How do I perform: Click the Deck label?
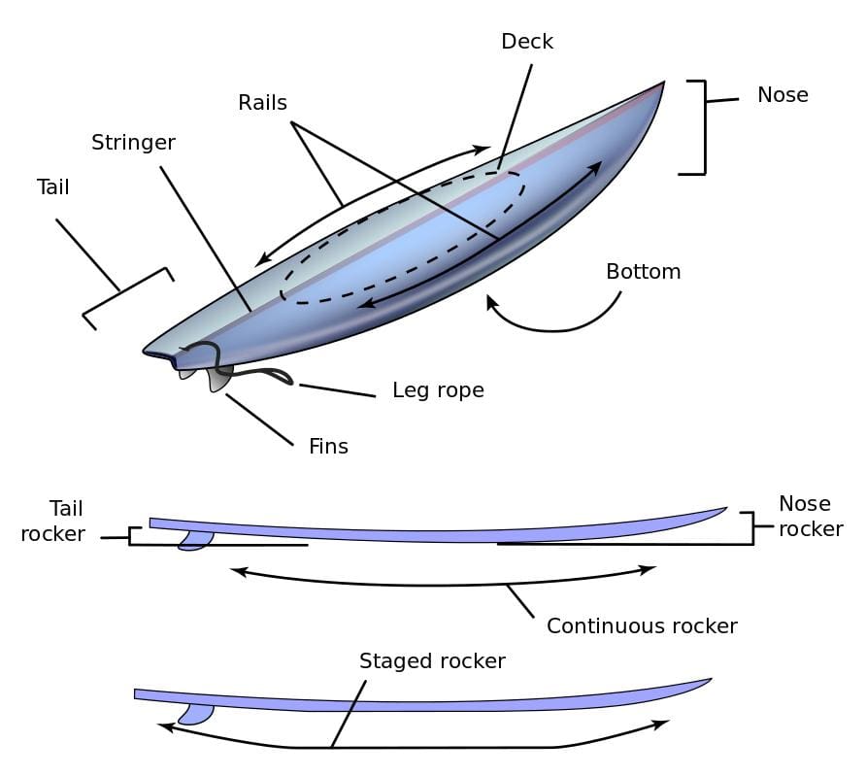[x=527, y=42]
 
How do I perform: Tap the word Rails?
[x=262, y=102]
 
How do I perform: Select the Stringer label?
[x=133, y=143]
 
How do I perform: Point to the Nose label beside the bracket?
[x=783, y=94]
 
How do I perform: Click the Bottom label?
[x=643, y=271]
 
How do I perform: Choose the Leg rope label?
[x=438, y=390]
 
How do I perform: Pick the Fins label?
[x=328, y=447]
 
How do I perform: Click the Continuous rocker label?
[x=642, y=625]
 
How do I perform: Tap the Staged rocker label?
[x=432, y=661]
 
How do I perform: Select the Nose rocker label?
[x=810, y=516]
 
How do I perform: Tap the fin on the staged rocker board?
[x=196, y=714]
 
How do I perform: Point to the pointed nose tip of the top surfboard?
[x=663, y=84]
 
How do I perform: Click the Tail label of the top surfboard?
[x=53, y=186]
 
